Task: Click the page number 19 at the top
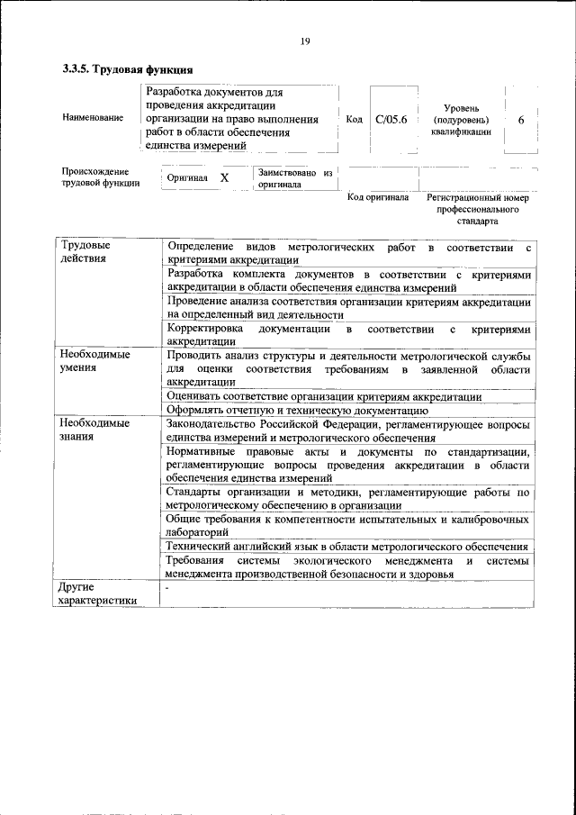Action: coord(306,40)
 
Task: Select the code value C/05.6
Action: coord(391,119)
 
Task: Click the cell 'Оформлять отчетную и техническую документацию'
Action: coord(291,410)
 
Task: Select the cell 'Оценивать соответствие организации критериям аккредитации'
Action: coord(324,396)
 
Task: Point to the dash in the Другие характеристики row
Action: coord(167,587)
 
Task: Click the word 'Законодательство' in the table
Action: coord(212,423)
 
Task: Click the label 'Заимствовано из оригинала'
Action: coord(294,177)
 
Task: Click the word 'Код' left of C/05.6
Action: coord(354,119)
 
